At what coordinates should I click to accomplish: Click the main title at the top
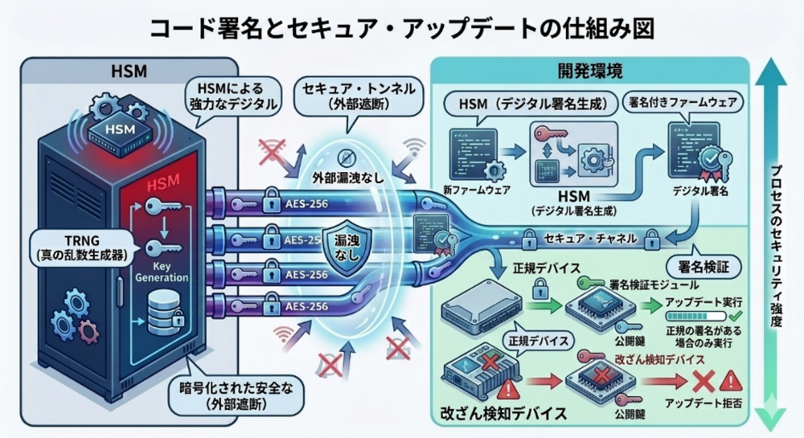point(401,27)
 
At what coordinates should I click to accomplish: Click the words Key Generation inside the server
point(168,272)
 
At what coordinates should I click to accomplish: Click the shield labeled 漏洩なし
point(346,251)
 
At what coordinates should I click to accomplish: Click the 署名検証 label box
point(698,264)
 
